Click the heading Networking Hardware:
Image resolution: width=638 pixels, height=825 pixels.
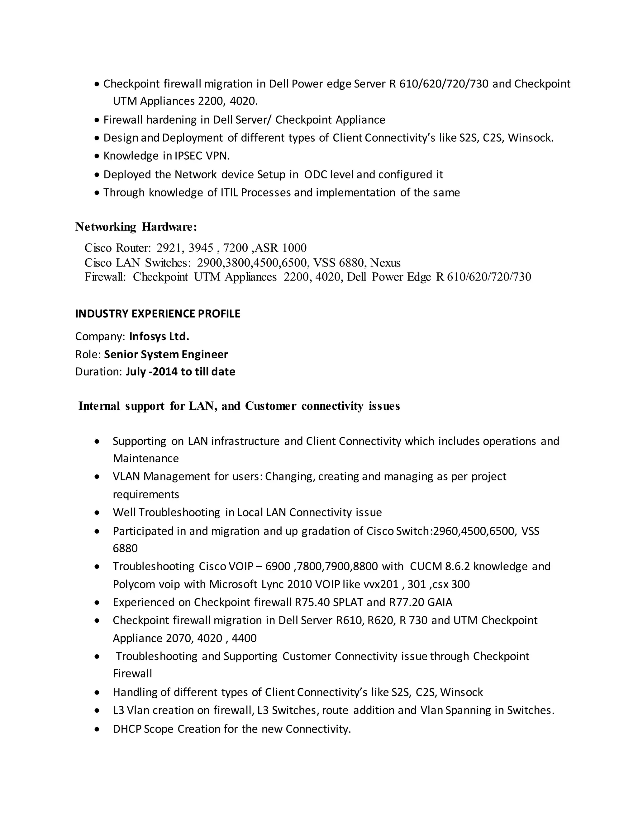(136, 227)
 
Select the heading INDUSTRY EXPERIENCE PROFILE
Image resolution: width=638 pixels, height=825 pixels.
(158, 314)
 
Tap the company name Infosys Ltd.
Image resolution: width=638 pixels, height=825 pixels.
(159, 337)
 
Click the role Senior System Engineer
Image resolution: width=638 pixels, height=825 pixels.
(166, 354)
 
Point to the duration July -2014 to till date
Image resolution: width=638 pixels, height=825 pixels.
(180, 372)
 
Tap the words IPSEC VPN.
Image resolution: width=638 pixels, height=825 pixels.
(202, 156)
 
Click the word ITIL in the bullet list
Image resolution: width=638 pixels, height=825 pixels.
(229, 193)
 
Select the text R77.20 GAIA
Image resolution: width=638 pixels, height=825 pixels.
(421, 602)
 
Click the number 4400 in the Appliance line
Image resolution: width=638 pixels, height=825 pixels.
(244, 639)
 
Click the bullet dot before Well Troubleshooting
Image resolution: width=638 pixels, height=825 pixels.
(98, 513)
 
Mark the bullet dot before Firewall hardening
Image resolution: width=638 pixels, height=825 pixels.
(97, 120)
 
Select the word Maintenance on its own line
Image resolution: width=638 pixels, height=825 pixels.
(146, 459)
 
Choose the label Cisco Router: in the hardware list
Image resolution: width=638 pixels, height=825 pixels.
(117, 248)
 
